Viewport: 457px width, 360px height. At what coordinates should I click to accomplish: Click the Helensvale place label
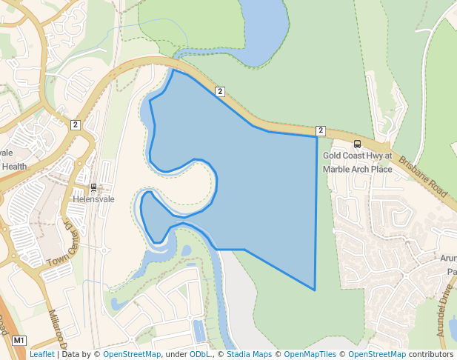point(93,200)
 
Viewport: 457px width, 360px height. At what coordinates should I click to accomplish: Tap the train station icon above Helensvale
point(93,188)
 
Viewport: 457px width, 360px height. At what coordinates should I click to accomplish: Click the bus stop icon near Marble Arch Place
point(358,144)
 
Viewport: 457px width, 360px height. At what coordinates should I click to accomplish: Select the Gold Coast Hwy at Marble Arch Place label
point(357,162)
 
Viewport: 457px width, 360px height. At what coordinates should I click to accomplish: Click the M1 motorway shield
point(20,341)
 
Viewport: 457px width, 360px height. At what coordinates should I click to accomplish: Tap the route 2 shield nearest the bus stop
point(321,130)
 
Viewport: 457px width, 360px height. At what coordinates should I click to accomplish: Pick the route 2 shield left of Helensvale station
point(76,124)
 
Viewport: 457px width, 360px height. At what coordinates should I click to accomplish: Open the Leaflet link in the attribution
point(41,354)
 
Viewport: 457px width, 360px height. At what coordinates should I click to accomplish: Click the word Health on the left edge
point(14,167)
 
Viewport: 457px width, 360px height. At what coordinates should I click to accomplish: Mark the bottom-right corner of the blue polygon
point(316,290)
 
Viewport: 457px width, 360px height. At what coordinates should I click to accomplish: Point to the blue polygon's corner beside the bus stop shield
point(316,137)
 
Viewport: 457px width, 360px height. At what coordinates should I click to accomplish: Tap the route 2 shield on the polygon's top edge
point(220,91)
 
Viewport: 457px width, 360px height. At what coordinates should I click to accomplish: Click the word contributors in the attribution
point(431,354)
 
